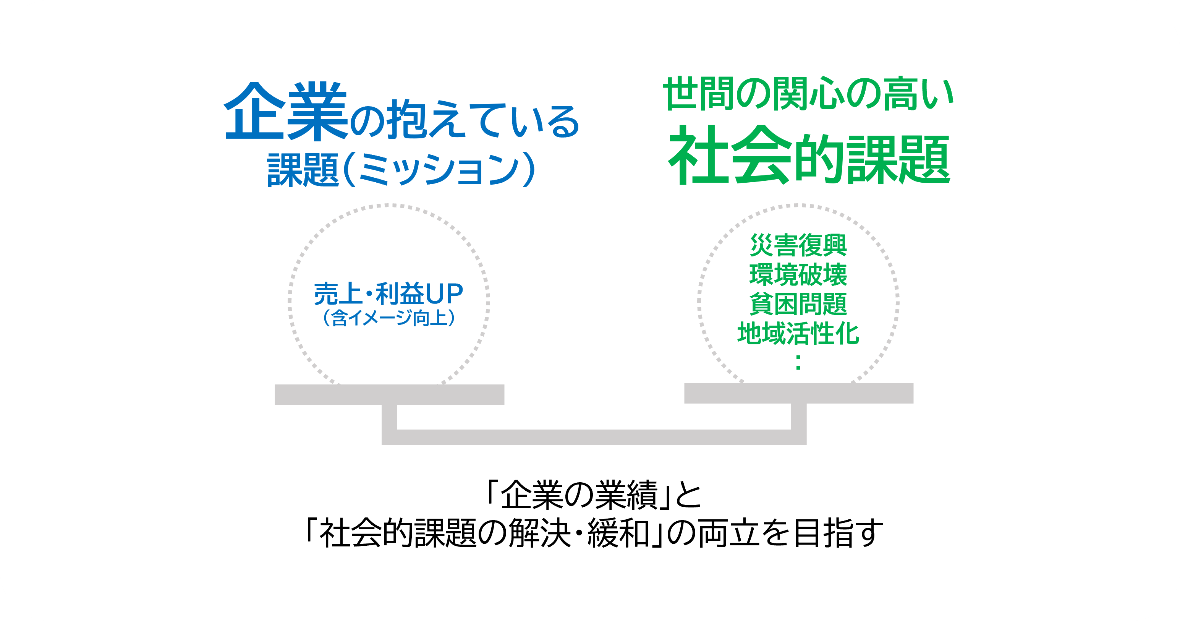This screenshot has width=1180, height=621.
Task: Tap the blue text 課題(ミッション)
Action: pos(401,169)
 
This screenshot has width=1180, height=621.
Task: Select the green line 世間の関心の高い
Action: pos(808,94)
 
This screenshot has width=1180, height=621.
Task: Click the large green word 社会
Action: pos(730,154)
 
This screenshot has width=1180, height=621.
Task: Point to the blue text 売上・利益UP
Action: pos(388,293)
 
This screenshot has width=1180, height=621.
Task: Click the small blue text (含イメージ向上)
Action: pos(388,318)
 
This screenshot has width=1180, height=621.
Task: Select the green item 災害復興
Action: pos(798,245)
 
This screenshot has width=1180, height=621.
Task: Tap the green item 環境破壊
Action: pos(798,274)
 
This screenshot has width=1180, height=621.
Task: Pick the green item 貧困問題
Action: pos(798,304)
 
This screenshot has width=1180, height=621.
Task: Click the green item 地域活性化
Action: pos(798,333)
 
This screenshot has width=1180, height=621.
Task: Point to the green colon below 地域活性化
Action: pos(798,362)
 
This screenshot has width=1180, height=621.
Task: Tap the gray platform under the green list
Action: pos(799,393)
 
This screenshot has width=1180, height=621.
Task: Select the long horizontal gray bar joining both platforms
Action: pos(594,437)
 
